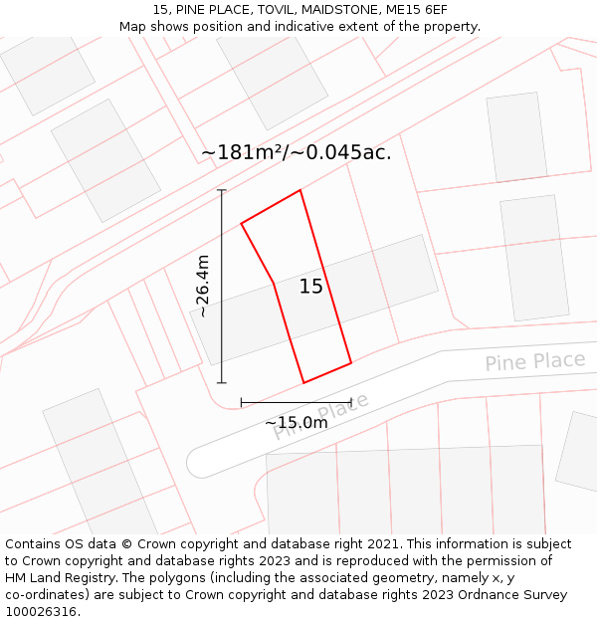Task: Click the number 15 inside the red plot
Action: (311, 287)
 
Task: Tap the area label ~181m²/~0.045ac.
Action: (297, 152)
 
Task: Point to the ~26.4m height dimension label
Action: (202, 286)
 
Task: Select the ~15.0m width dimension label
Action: (296, 422)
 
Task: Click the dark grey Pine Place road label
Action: (534, 360)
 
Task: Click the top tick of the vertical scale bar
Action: (221, 189)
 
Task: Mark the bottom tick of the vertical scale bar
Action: (221, 383)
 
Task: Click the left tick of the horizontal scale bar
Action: (241, 402)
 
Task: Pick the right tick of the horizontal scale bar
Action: (351, 402)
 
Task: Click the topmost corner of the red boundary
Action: (299, 190)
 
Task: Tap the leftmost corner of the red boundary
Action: (242, 223)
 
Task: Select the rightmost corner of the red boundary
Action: (351, 362)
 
